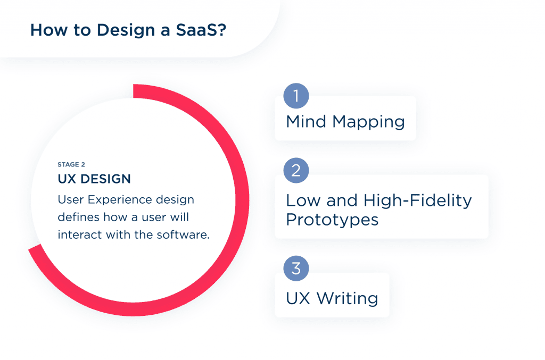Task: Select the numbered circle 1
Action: tap(296, 96)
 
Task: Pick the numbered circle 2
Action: tap(296, 171)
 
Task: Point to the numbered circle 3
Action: tap(296, 269)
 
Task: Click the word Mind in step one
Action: tap(307, 122)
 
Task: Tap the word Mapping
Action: tap(369, 123)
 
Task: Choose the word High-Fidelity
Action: tap(418, 200)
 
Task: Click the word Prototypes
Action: tap(332, 219)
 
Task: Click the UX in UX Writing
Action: tap(298, 298)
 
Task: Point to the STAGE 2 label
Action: tap(71, 165)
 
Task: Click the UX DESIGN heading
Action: tap(94, 180)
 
